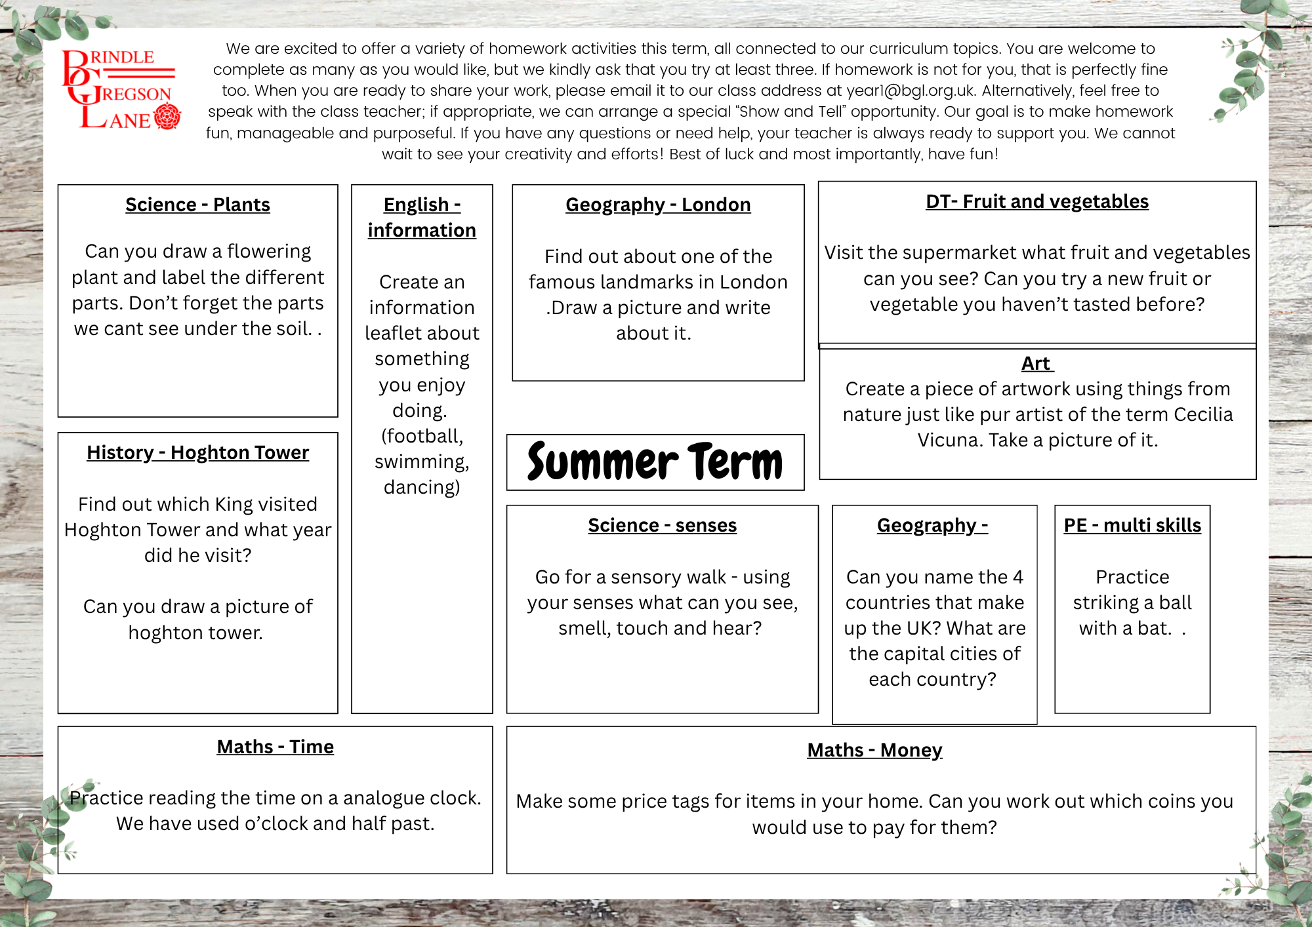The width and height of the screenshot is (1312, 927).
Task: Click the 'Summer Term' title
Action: (x=655, y=462)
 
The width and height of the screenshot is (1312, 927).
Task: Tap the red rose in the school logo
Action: (x=167, y=117)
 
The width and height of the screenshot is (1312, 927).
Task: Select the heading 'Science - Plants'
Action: (x=197, y=205)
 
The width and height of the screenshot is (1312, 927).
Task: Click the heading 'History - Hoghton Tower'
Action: (x=197, y=452)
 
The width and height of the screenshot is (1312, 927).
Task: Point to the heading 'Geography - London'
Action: (x=658, y=205)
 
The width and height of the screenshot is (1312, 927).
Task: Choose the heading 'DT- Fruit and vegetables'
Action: (x=1037, y=201)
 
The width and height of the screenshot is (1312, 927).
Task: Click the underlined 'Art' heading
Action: (x=1036, y=363)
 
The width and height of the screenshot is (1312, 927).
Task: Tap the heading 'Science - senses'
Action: (x=662, y=525)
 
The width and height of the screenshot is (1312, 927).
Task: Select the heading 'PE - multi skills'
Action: (x=1132, y=525)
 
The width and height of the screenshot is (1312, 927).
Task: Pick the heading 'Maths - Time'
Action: (x=275, y=747)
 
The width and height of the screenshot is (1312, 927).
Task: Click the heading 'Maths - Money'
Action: (x=874, y=750)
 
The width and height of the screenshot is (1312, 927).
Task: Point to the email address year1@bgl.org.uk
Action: (x=911, y=90)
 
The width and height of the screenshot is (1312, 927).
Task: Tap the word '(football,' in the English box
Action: (x=422, y=436)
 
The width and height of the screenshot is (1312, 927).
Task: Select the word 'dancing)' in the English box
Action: (x=422, y=487)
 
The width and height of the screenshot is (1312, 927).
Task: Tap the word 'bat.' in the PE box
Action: (x=1155, y=628)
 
